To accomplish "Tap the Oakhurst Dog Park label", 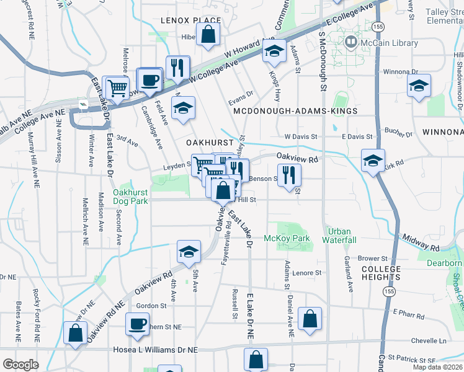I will click(131, 197).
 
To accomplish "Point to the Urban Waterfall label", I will click(339, 236).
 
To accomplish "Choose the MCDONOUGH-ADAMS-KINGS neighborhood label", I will click(295, 110).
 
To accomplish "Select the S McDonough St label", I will click(323, 62).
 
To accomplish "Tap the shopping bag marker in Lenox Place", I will click(209, 36).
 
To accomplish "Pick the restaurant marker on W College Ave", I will click(179, 68).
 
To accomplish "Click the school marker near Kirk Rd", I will click(373, 161).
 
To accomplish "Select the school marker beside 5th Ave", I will click(189, 251).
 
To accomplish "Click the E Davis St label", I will click(355, 136).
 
